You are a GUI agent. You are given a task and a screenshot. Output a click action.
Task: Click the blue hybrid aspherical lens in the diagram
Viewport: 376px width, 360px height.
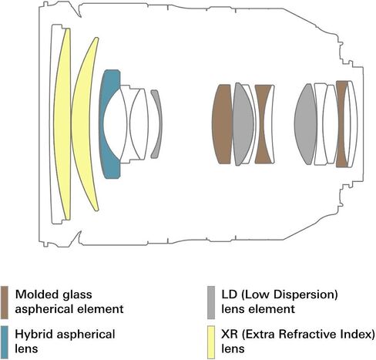click(106, 123)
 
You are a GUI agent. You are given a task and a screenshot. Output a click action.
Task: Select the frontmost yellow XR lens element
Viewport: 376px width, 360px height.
click(62, 123)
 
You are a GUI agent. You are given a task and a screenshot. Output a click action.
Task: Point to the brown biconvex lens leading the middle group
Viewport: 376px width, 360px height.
click(222, 124)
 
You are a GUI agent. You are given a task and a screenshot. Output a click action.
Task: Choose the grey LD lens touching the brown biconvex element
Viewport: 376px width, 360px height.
click(243, 124)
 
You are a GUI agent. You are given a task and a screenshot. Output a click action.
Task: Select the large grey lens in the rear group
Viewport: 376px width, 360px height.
click(306, 124)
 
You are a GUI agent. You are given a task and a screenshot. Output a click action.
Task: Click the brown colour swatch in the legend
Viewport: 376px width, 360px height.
click(5, 302)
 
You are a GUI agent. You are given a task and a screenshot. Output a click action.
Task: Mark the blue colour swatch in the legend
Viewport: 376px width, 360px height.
click(5, 342)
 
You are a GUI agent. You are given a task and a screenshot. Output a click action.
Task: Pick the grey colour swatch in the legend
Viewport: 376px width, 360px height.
click(211, 302)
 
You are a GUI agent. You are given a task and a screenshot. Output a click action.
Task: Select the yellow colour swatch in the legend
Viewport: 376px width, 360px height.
click(211, 342)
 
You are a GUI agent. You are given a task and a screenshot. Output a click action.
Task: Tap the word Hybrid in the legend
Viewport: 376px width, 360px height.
click(34, 335)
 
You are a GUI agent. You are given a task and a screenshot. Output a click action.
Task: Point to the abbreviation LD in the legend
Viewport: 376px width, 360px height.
click(229, 294)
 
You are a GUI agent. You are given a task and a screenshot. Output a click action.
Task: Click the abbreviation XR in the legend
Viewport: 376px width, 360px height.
click(230, 335)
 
